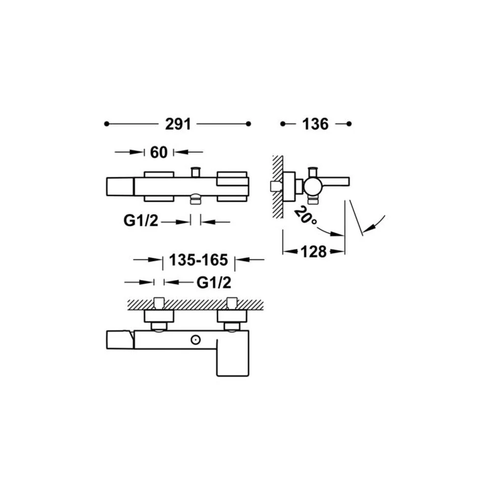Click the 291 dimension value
pyautogui.click(x=178, y=124)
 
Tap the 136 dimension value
pyautogui.click(x=315, y=124)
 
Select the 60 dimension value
pyautogui.click(x=159, y=153)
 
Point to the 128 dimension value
pyautogui.click(x=313, y=251)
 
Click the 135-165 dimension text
pyautogui.click(x=198, y=260)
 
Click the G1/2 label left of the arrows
pyautogui.click(x=141, y=221)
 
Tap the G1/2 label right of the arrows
pyautogui.click(x=214, y=283)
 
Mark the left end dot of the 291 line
pyautogui.click(x=107, y=124)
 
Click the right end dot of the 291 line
pyautogui.click(x=248, y=124)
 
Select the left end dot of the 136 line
pyautogui.click(x=283, y=124)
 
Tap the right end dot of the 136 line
pyautogui.click(x=349, y=124)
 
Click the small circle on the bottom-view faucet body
pyautogui.click(x=196, y=339)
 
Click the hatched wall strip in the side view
pyautogui.click(x=278, y=187)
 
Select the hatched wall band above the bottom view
pyautogui.click(x=195, y=305)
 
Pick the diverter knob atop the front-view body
pyautogui.click(x=196, y=172)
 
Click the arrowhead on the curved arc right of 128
pyautogui.click(x=369, y=229)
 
